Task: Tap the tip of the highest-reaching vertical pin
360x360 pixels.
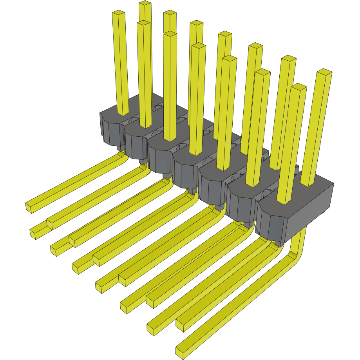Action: point(145,3)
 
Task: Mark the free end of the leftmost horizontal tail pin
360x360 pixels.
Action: point(30,207)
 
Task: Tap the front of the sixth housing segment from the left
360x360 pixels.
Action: point(241,208)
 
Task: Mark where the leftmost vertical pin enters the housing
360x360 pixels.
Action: point(123,114)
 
